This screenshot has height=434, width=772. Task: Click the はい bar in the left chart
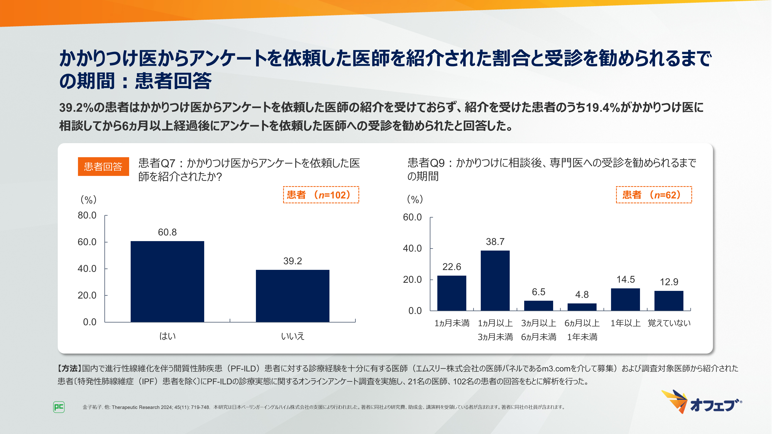tap(167, 282)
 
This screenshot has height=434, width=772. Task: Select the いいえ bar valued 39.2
tap(293, 296)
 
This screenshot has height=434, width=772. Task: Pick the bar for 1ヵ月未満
tap(452, 293)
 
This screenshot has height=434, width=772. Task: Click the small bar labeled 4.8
tap(582, 307)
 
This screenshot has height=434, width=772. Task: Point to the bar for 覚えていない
tap(669, 301)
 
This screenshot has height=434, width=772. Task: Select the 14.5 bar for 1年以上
tap(626, 300)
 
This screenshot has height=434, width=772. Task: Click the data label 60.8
tap(167, 232)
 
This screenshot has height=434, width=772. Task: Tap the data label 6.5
tap(538, 292)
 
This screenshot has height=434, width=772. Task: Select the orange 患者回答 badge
tap(103, 166)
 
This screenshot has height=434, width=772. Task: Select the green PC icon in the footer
tap(59, 407)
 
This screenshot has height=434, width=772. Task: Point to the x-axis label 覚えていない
tap(669, 323)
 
